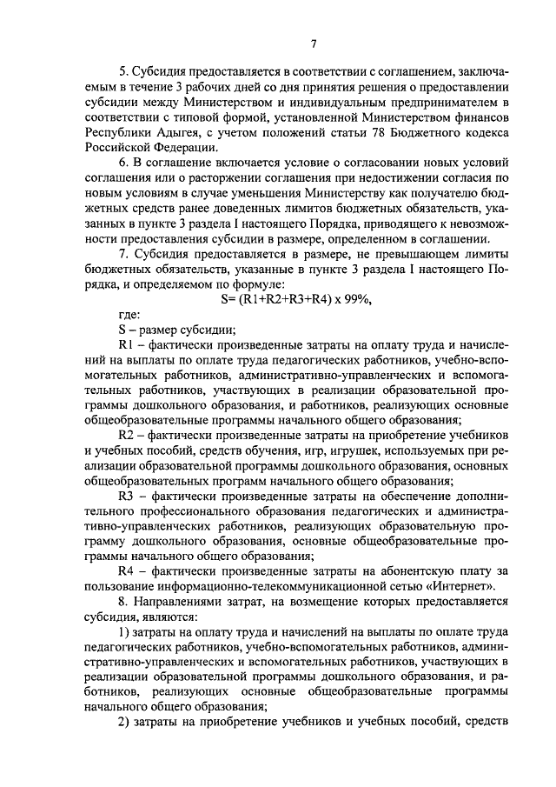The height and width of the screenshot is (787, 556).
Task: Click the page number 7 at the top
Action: click(314, 45)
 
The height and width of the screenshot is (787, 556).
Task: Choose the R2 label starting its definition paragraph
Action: click(124, 435)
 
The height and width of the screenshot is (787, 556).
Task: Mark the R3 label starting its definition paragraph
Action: click(125, 496)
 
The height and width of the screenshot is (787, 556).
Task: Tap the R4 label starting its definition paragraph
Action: click(124, 570)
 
